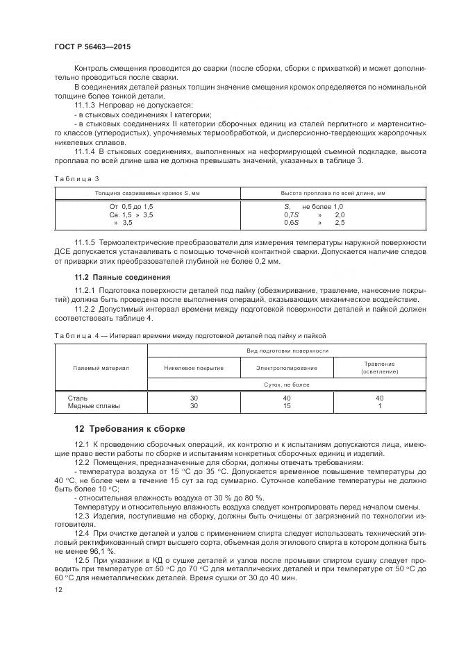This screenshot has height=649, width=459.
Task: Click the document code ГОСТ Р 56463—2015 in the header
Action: click(92, 46)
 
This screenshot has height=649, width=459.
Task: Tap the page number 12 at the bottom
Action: click(58, 589)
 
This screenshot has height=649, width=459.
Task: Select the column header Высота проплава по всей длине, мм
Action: click(333, 192)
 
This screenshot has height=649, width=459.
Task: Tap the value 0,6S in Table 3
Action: click(291, 222)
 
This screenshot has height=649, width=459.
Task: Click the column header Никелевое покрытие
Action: click(194, 368)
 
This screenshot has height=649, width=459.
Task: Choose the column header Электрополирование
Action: click(286, 368)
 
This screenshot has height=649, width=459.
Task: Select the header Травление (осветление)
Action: click(379, 368)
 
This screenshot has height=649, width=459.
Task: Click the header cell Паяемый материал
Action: click(101, 368)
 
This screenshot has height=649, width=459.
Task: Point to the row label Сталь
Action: click(77, 398)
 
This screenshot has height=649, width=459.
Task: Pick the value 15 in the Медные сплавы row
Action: click(286, 406)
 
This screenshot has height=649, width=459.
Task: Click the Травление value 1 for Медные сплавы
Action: click(379, 406)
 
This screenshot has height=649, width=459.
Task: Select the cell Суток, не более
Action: click(286, 384)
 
